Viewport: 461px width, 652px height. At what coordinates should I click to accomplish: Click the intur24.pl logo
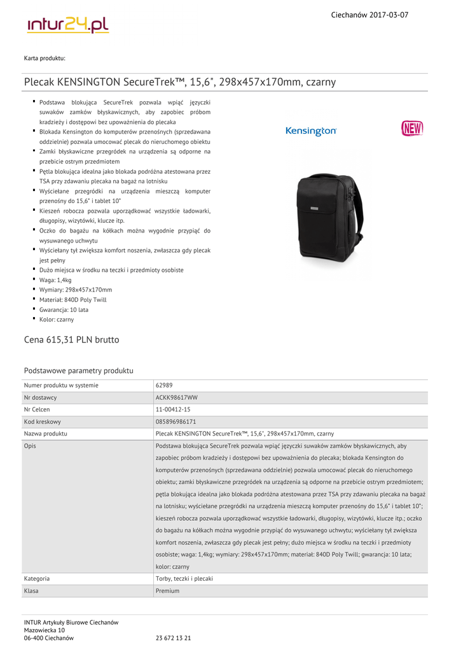(x=68, y=25)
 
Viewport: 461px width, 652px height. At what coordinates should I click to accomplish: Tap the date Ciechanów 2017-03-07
(x=369, y=15)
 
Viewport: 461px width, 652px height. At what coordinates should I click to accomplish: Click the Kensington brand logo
(x=311, y=131)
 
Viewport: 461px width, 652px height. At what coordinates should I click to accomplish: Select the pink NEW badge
(x=412, y=129)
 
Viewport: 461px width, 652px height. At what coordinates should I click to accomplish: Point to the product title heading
(x=180, y=82)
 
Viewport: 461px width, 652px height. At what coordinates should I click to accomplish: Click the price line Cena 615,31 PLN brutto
(x=71, y=340)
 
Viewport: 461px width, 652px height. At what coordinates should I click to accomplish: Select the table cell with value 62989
(x=164, y=385)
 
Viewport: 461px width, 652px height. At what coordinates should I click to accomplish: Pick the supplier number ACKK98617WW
(x=176, y=397)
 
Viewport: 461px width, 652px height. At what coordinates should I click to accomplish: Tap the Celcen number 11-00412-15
(x=173, y=409)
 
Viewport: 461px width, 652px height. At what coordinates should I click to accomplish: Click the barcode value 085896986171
(x=175, y=422)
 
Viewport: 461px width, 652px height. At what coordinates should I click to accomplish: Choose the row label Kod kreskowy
(x=43, y=422)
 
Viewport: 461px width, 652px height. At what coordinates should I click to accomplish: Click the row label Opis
(x=30, y=446)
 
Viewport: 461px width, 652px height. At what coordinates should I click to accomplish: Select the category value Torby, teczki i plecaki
(x=184, y=579)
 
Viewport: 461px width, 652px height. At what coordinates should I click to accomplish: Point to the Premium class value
(x=167, y=591)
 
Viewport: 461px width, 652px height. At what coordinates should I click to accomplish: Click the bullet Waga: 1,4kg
(x=55, y=280)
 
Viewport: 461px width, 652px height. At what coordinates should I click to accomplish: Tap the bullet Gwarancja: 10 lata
(x=64, y=309)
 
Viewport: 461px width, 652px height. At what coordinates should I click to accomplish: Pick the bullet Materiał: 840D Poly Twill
(x=72, y=300)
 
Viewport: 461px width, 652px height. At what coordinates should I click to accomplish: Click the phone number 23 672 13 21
(x=173, y=638)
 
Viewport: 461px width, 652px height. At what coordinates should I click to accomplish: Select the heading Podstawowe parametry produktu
(x=78, y=371)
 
